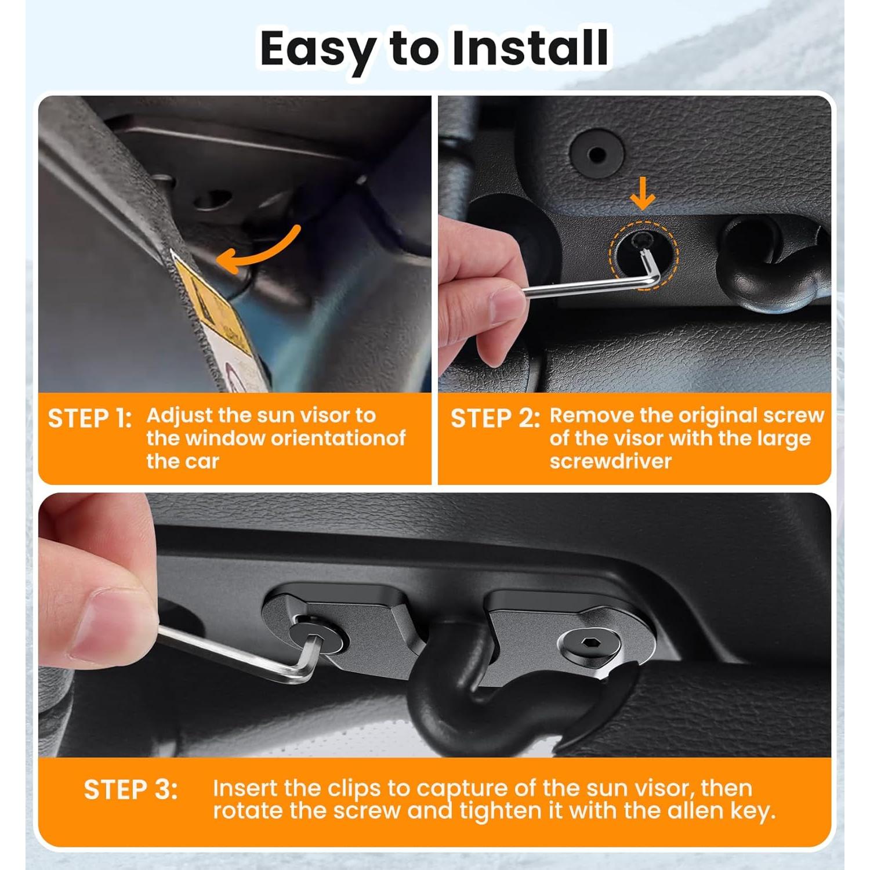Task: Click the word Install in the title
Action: pyautogui.click(x=530, y=48)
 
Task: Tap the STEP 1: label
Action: pyautogui.click(x=90, y=419)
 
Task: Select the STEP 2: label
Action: pyautogui.click(x=495, y=419)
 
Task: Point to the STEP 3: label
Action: pyautogui.click(x=130, y=790)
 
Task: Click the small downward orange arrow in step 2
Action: pyautogui.click(x=643, y=199)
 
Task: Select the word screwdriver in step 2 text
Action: pyautogui.click(x=610, y=461)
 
